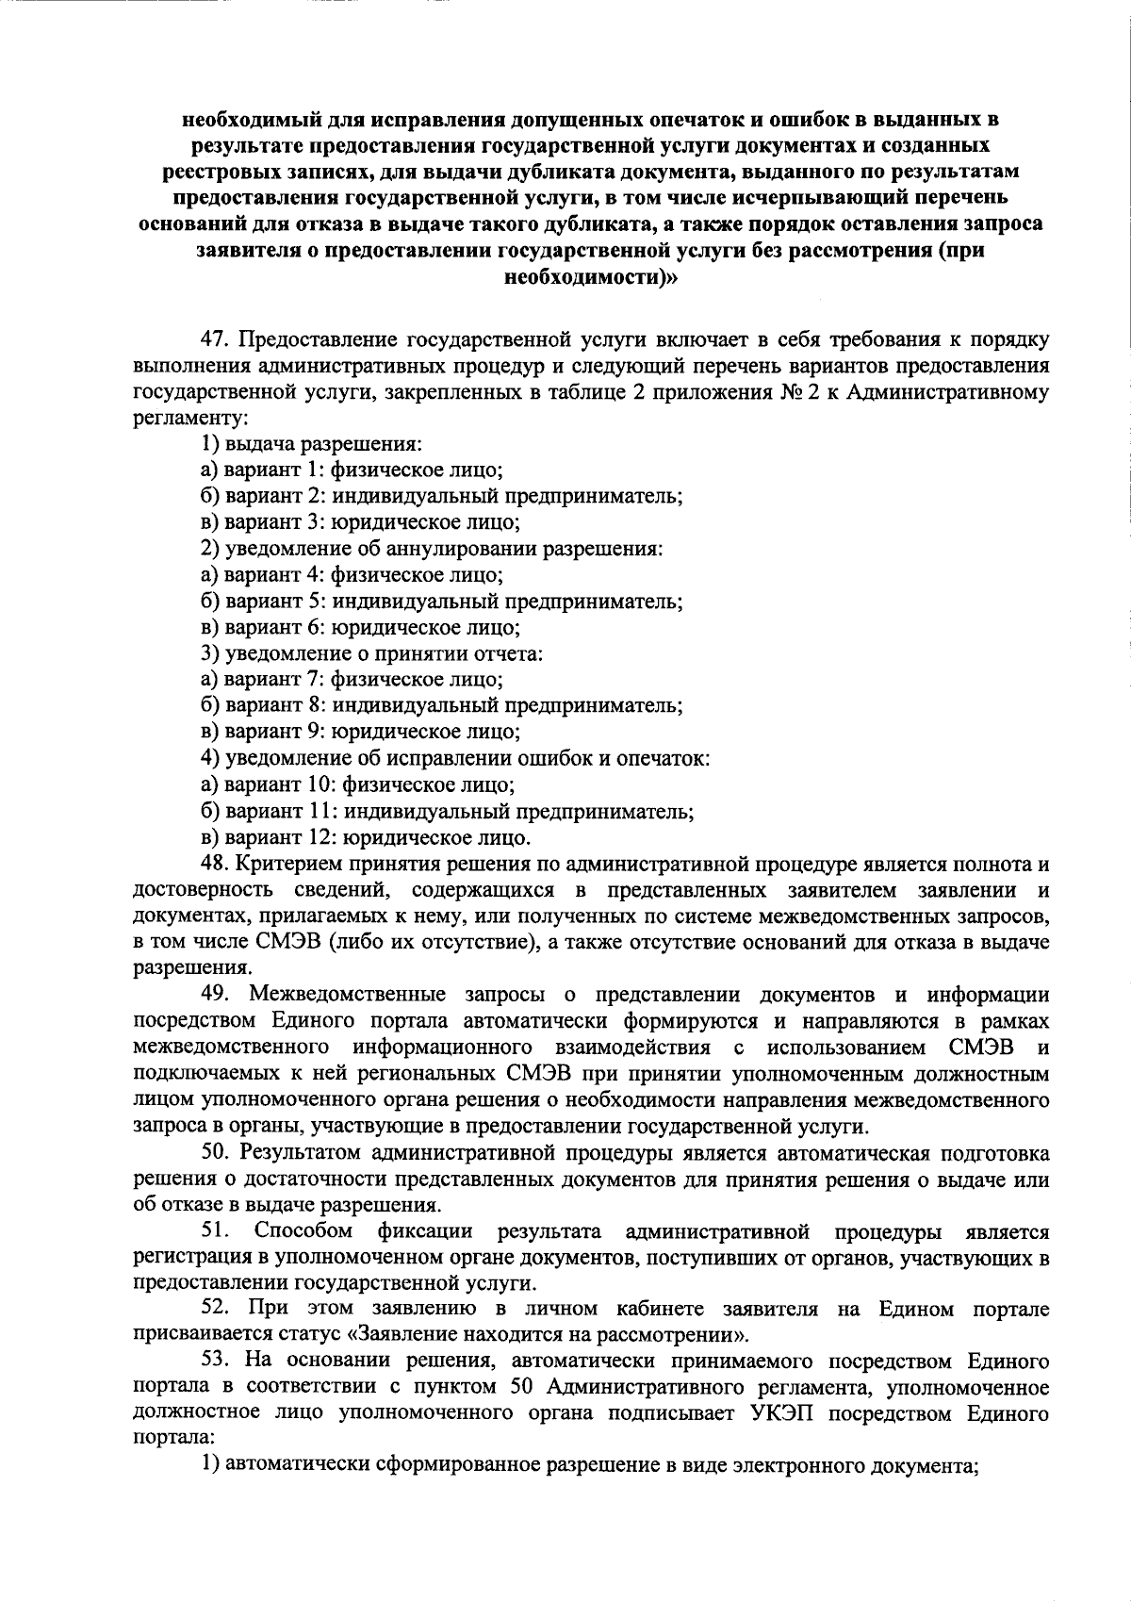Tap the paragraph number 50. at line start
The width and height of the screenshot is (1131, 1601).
pos(216,1152)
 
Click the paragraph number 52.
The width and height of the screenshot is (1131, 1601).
pos(216,1310)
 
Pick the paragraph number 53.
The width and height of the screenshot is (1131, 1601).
pos(216,1362)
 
